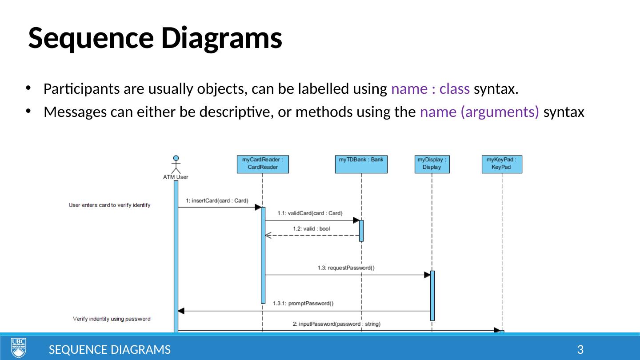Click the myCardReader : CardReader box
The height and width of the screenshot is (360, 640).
[x=263, y=164]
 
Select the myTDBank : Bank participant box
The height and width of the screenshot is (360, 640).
[x=361, y=164]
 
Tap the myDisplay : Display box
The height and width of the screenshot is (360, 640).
[x=432, y=164]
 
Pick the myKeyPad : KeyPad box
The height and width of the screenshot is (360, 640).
[x=501, y=164]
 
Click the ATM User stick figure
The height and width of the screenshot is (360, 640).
[x=176, y=165]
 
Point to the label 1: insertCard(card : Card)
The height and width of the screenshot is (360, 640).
[x=217, y=200]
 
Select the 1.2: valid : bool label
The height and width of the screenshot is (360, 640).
[x=311, y=228]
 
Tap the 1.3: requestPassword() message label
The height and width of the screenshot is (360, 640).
[x=346, y=268]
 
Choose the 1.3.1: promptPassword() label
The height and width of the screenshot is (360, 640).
[x=303, y=304]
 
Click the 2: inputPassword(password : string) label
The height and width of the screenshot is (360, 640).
[x=336, y=324]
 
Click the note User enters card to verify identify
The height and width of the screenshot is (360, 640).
[x=109, y=205]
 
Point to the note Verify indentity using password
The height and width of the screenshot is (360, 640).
[x=112, y=319]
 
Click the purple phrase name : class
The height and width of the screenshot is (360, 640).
[x=430, y=89]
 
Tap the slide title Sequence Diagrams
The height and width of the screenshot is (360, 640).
[x=155, y=38]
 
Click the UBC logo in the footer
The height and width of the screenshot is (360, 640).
[x=19, y=347]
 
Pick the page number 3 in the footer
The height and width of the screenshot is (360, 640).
[x=580, y=350]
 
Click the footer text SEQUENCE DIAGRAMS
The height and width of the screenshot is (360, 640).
[x=109, y=350]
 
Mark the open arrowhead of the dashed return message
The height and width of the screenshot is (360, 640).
[x=268, y=235]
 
